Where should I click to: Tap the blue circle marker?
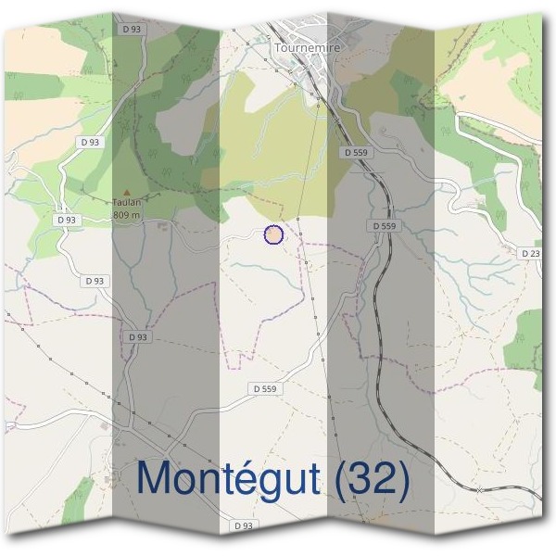[x=273, y=234]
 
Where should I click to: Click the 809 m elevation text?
[x=126, y=215]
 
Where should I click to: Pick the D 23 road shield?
[x=530, y=253]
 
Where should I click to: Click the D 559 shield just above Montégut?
[x=266, y=388]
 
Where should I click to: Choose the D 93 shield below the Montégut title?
[x=244, y=525]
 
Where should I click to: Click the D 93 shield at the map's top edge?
[x=131, y=31]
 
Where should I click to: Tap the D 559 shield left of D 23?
[x=384, y=226]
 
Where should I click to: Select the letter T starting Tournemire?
[x=277, y=45]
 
